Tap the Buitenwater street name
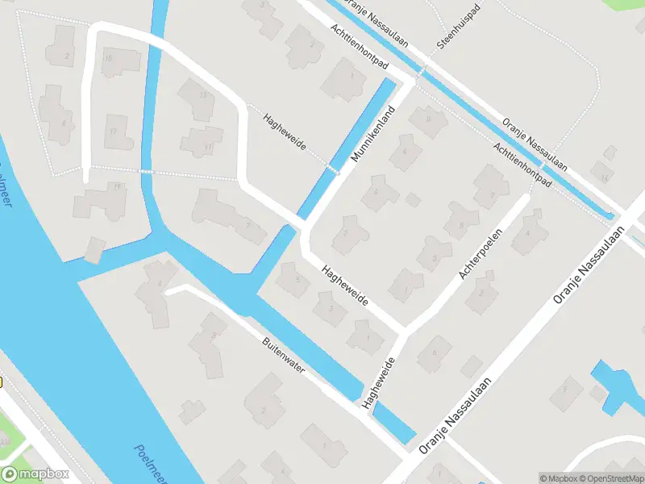click(284, 356)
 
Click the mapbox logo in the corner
click(35, 474)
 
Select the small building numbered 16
click(603, 173)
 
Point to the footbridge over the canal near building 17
click(146, 172)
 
